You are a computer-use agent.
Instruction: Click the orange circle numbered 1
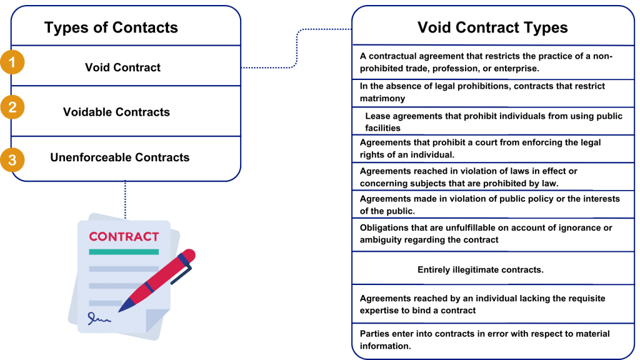[x=12, y=62]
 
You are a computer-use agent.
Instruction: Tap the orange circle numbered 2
[x=12, y=107]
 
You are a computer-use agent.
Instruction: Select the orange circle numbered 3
[x=12, y=159]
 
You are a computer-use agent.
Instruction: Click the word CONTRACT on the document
[x=124, y=237]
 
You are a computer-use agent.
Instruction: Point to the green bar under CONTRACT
[x=124, y=252]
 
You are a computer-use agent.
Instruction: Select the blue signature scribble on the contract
[x=98, y=319]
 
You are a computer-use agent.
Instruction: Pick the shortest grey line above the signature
[x=103, y=303]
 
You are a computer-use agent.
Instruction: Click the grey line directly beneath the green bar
[x=124, y=269]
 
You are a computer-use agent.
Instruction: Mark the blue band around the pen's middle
[x=149, y=287]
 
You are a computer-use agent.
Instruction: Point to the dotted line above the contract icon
[x=125, y=199]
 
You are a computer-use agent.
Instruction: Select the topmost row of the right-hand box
[x=493, y=26]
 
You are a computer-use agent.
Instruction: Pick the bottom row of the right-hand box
[x=493, y=340]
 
